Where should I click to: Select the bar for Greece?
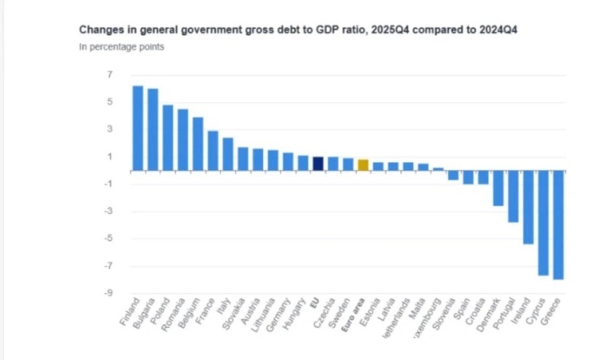(x=558, y=225)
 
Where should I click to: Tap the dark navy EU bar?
(x=318, y=164)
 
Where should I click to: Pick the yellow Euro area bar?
(x=363, y=165)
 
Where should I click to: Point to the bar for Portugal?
(x=513, y=196)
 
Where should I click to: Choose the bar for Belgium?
(x=198, y=144)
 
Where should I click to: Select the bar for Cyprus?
(x=543, y=222)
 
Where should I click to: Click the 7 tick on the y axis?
(x=108, y=74)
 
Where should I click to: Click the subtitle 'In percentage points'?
(x=121, y=47)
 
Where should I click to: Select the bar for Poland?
(x=168, y=138)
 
